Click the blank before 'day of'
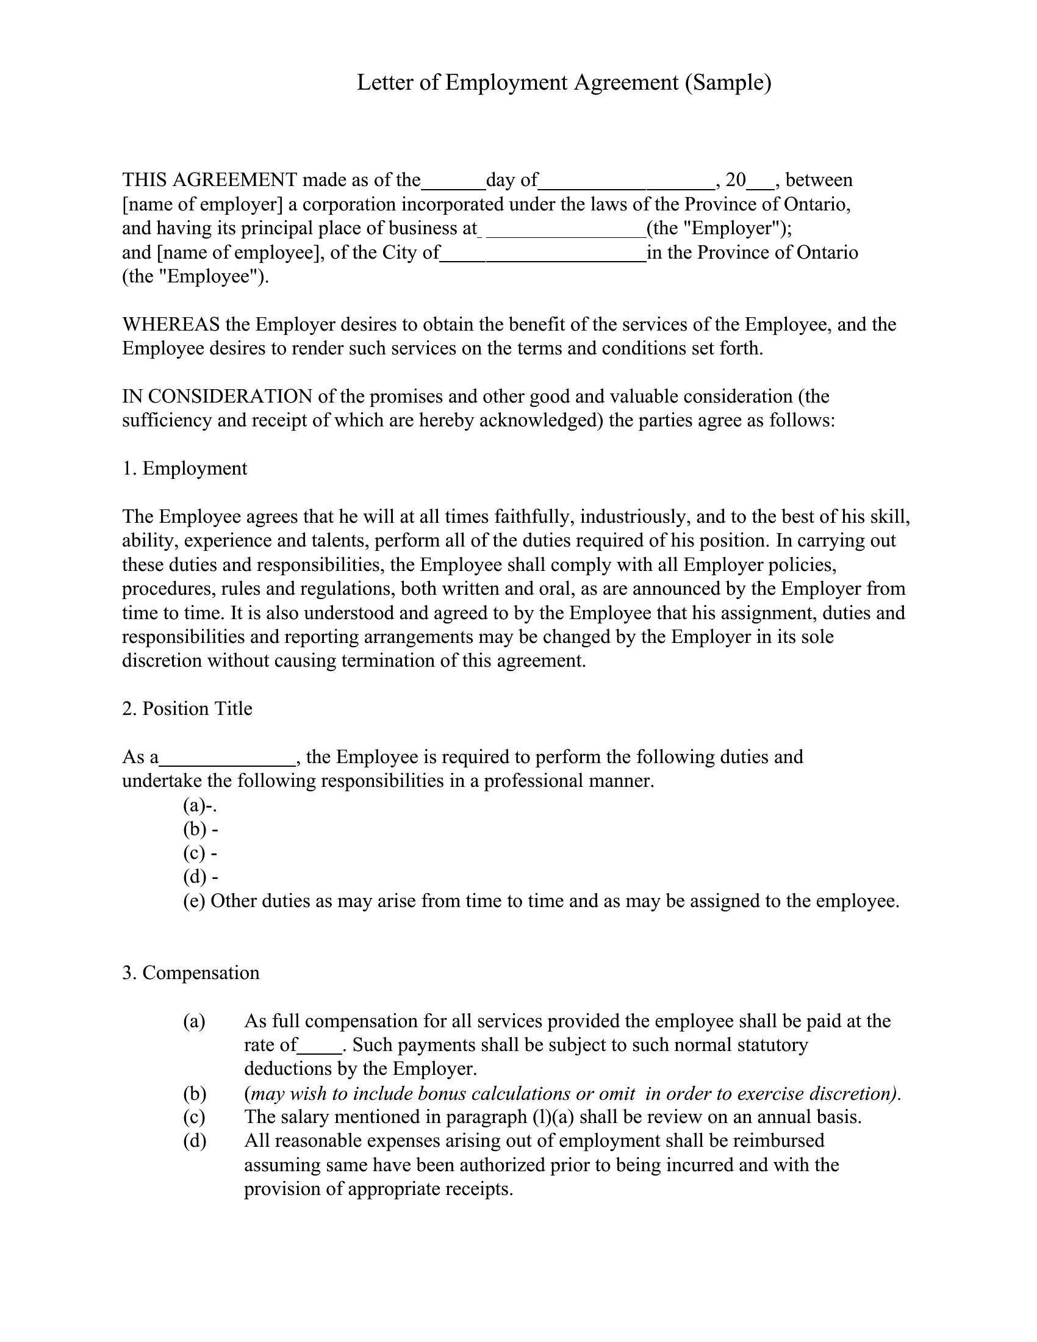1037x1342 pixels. [453, 182]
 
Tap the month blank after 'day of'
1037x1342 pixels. [626, 182]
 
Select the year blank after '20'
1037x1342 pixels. [761, 182]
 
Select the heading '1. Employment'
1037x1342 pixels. [185, 468]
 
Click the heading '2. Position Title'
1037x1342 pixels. [187, 708]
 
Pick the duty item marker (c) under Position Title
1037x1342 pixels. [194, 853]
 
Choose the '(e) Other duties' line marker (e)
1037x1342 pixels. [194, 901]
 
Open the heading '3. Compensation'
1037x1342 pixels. [191, 973]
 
